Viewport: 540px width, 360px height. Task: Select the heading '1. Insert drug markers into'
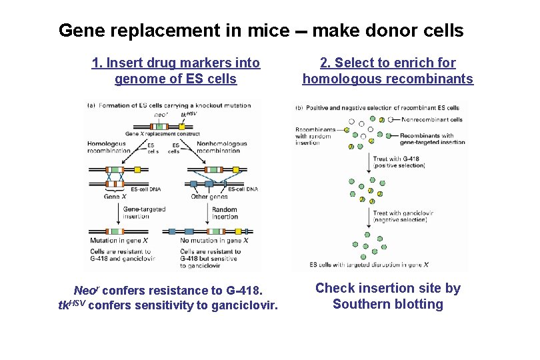pyautogui.click(x=175, y=63)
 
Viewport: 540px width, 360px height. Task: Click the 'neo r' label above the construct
pyautogui.click(x=161, y=114)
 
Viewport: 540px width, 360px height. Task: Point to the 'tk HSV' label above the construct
pyautogui.click(x=189, y=114)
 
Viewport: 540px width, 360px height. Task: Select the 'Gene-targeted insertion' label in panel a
pyautogui.click(x=144, y=213)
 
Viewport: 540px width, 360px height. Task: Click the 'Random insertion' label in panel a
pyautogui.click(x=225, y=213)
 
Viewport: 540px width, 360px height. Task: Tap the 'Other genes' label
pyautogui.click(x=209, y=197)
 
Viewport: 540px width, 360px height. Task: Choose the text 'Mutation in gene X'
pyautogui.click(x=119, y=240)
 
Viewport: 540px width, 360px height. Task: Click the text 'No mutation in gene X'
pyautogui.click(x=214, y=240)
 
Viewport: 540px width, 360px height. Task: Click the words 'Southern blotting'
pyautogui.click(x=387, y=305)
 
